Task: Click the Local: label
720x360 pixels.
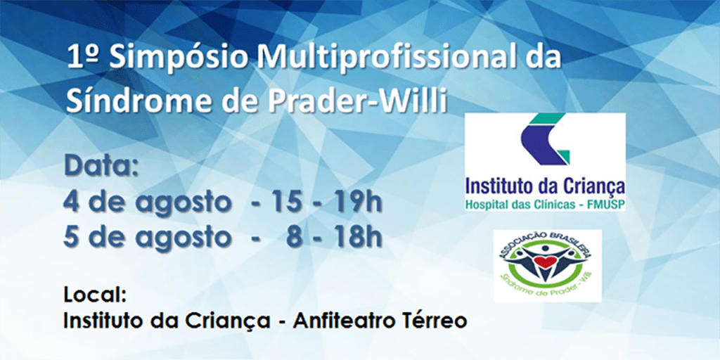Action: point(95,296)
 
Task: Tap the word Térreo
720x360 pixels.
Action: point(440,321)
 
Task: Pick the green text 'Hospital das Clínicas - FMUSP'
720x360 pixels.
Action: point(545,205)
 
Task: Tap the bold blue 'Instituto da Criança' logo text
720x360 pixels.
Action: point(545,188)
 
